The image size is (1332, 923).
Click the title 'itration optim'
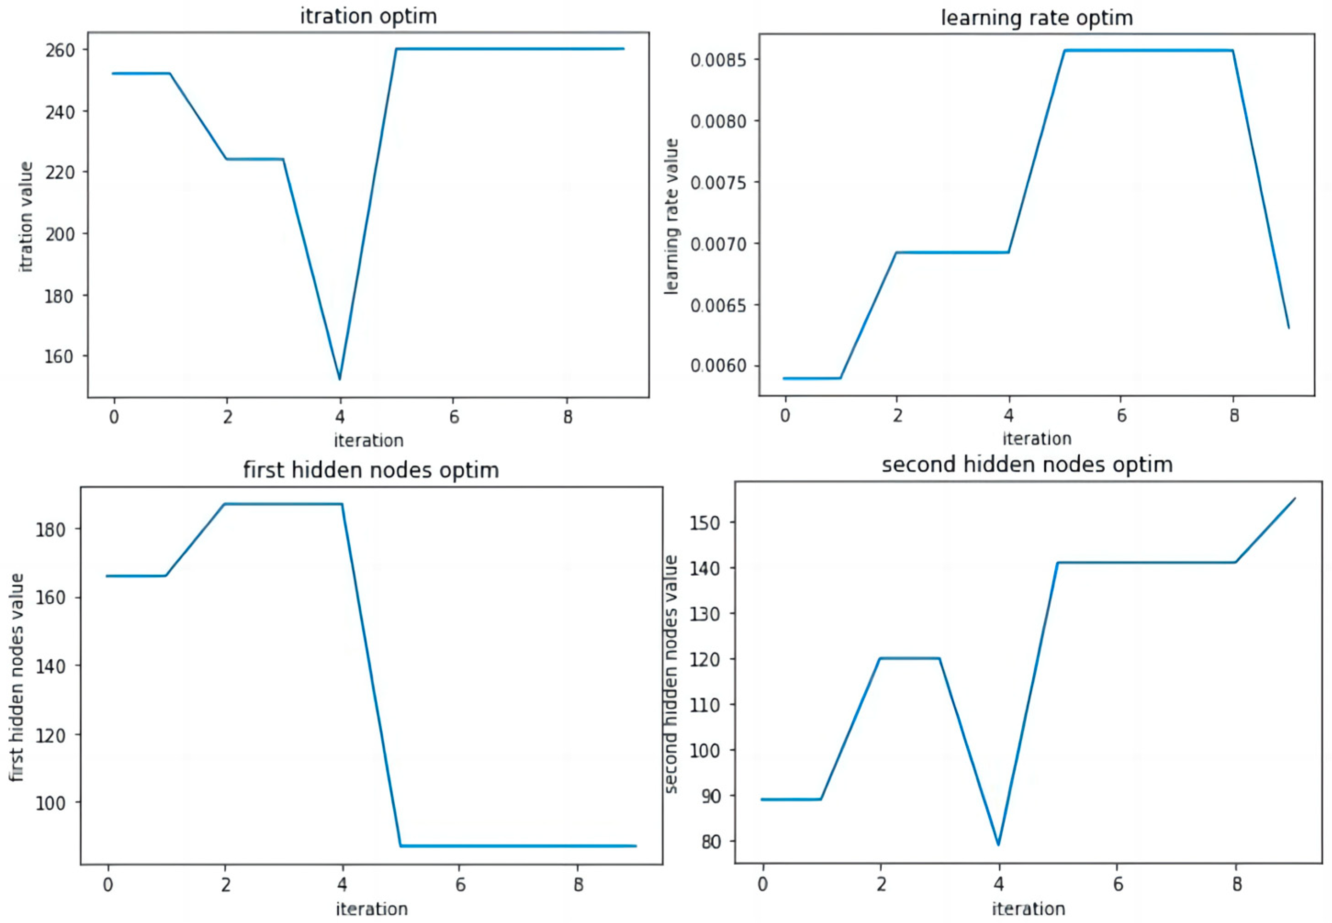(x=368, y=16)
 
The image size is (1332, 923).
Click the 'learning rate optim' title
(x=1036, y=18)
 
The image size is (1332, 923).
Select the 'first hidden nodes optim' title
(x=371, y=470)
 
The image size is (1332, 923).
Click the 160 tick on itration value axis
(x=60, y=357)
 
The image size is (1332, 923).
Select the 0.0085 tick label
(x=718, y=60)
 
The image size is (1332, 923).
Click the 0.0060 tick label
(x=718, y=366)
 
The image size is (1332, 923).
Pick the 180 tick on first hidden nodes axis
(x=51, y=529)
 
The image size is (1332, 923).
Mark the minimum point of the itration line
(x=340, y=379)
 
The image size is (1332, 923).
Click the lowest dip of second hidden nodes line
(x=998, y=845)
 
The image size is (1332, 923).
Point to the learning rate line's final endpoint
(x=1288, y=328)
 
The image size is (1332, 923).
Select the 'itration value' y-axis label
(x=27, y=217)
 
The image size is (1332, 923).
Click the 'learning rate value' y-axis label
(x=671, y=217)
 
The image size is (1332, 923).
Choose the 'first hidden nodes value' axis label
(x=17, y=678)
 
